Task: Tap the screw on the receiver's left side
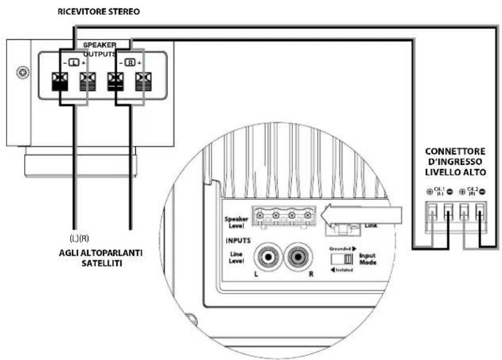point(23,73)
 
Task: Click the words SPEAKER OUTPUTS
point(99,49)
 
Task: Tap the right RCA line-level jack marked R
point(299,259)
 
